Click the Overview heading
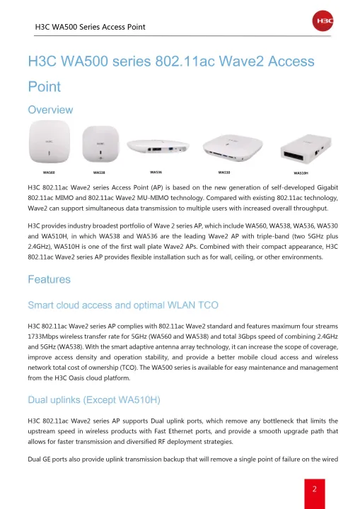(50, 110)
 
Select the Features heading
(49, 280)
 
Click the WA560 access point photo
(50, 145)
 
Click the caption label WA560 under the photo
(49, 172)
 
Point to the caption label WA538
(99, 172)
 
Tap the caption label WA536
(156, 172)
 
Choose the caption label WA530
(224, 172)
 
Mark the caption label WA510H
(301, 172)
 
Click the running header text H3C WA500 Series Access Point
(91, 27)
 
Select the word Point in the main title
(44, 87)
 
